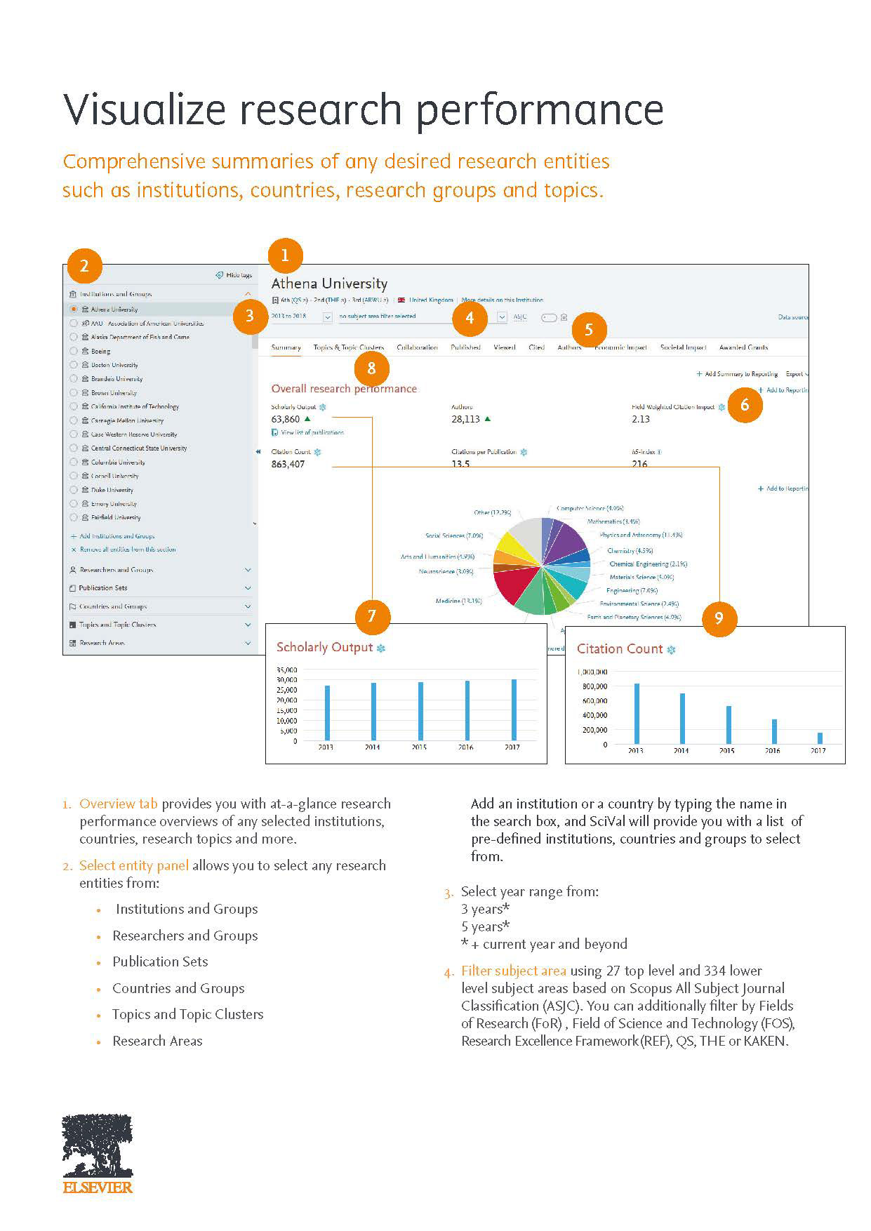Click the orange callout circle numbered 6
coord(745,405)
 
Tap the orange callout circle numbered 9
coord(719,618)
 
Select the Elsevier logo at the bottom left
coord(98,1153)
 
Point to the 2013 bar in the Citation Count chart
coord(637,713)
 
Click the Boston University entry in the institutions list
coord(114,365)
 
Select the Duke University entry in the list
coord(112,490)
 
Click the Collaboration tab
coord(417,347)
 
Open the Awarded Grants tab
coord(743,347)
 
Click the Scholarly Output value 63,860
coord(285,419)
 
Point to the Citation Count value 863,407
coord(288,464)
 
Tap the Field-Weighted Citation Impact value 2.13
coord(641,419)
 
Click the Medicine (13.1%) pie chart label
coord(458,601)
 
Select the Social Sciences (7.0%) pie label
coord(454,535)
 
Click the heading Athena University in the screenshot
coord(329,284)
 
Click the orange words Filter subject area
coord(513,971)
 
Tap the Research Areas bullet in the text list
coord(157,1041)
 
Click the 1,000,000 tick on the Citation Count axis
coord(592,672)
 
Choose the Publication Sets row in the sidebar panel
coord(103,588)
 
